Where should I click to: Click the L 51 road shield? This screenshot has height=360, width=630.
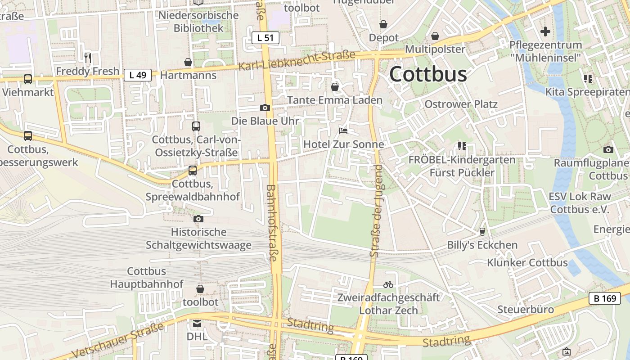[x=265, y=38]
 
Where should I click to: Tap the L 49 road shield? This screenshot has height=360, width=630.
[x=138, y=75]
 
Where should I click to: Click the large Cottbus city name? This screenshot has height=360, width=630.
[x=428, y=74]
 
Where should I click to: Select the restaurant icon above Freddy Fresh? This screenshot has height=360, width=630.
[x=88, y=58]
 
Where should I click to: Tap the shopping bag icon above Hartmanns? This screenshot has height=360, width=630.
[x=188, y=62]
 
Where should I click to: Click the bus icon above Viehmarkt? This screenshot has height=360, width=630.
[x=28, y=79]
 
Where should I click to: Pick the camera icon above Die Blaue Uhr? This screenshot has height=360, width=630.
[x=265, y=108]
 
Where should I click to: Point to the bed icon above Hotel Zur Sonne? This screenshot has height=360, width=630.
[x=343, y=131]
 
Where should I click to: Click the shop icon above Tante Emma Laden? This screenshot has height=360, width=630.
[x=335, y=86]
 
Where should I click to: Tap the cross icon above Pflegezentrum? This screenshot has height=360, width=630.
[x=545, y=31]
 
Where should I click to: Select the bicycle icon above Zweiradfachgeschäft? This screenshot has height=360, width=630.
[x=388, y=284]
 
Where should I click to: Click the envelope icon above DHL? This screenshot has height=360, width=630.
[x=197, y=323]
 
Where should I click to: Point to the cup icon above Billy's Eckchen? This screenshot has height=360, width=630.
[x=482, y=232]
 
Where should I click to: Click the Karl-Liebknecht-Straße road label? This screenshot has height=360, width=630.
[x=297, y=61]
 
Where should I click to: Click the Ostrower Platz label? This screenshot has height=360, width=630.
[x=461, y=104]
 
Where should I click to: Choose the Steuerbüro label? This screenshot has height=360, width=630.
[x=526, y=310]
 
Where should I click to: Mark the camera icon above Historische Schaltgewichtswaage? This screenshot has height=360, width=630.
[x=198, y=219]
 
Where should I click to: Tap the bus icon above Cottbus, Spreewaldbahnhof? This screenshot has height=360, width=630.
[x=193, y=171]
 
